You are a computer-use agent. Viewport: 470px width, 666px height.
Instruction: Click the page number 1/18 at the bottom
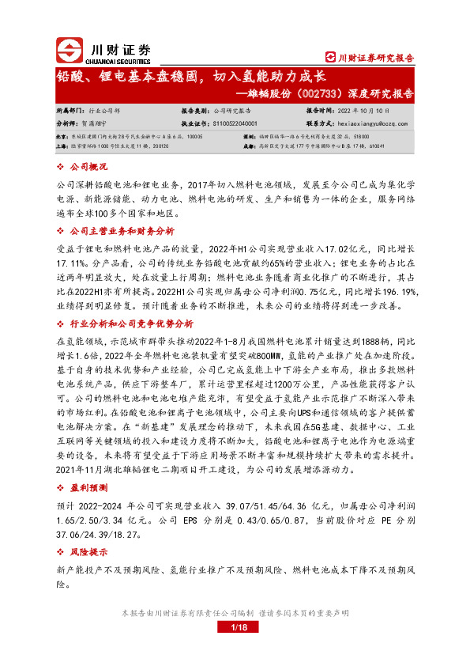pyautogui.click(x=235, y=627)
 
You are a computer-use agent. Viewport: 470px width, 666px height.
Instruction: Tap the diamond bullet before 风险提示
pyautogui.click(x=62, y=552)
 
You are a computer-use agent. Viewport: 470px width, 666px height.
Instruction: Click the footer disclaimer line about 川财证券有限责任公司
pyautogui.click(x=235, y=613)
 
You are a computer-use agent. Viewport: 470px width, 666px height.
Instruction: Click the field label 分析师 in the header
pyautogui.click(x=69, y=124)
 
